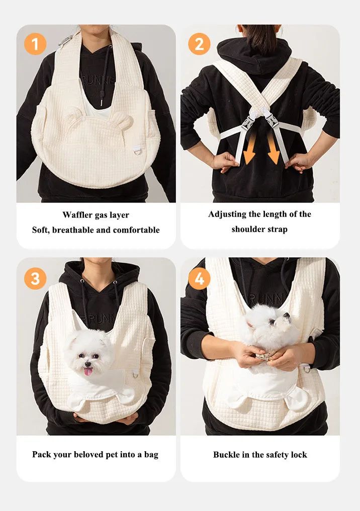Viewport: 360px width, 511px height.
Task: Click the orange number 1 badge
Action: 35,44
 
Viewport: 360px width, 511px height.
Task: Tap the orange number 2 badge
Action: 199,44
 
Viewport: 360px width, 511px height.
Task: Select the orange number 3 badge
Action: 35,278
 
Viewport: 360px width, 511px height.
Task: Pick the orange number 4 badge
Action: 199,278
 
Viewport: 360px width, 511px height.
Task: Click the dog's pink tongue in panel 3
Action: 88,371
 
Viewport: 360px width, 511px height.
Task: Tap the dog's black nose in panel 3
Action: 87,364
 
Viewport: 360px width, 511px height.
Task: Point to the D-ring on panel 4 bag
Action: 306,369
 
